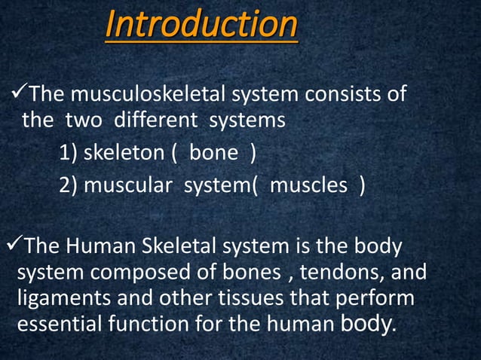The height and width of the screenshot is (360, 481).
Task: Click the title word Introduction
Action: [201, 26]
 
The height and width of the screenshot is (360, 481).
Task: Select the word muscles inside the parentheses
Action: [306, 185]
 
